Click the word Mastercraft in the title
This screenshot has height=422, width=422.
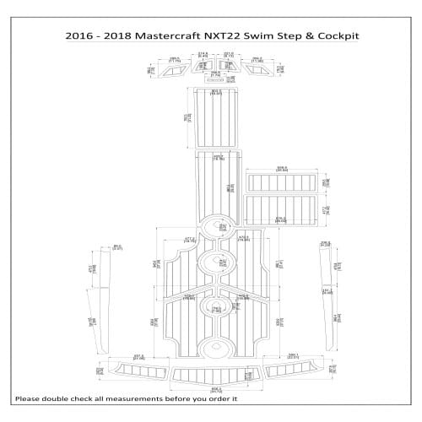click(175, 36)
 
